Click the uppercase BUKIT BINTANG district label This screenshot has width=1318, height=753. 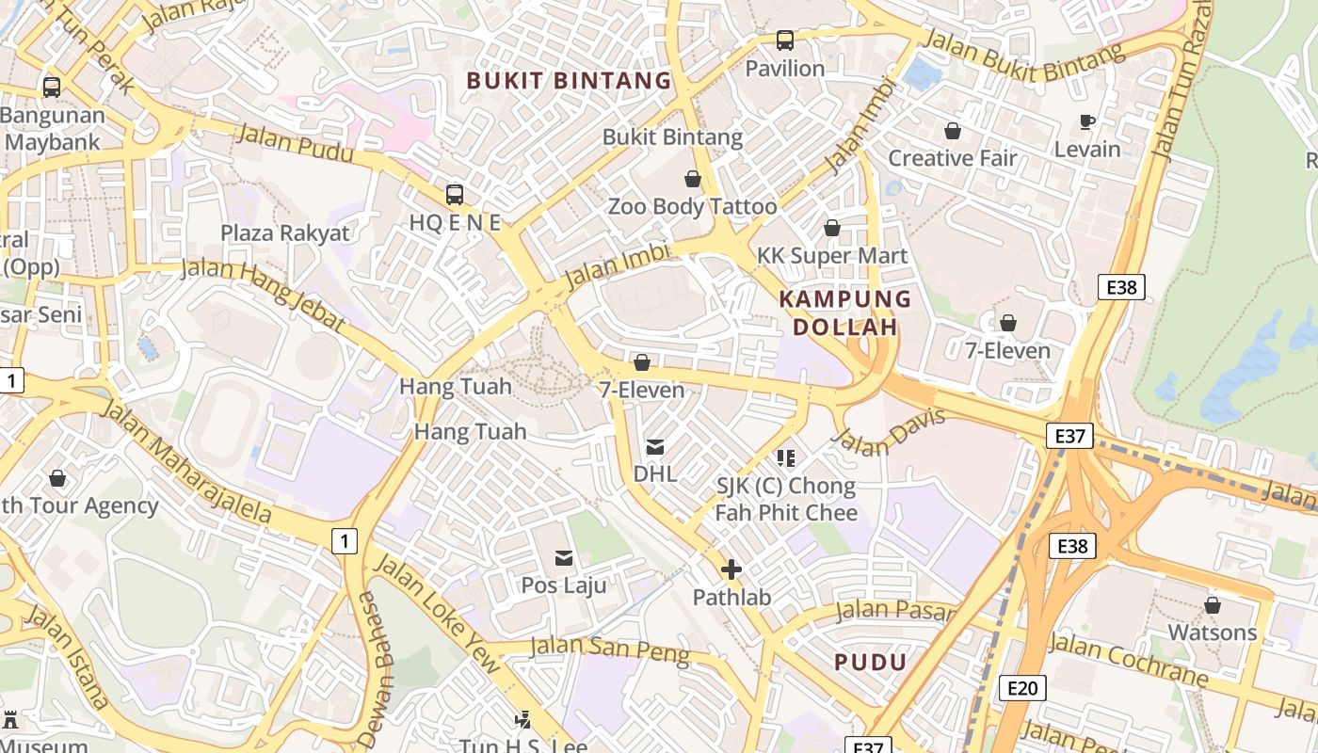(x=570, y=81)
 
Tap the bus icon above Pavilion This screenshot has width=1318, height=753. (x=784, y=40)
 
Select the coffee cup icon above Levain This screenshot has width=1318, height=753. (x=1087, y=122)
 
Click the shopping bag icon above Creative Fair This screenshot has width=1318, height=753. (x=953, y=131)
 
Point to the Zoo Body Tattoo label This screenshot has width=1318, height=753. (x=692, y=206)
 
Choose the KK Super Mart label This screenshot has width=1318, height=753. (x=832, y=256)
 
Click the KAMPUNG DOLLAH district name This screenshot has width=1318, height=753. (x=845, y=313)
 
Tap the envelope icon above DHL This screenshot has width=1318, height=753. (x=654, y=447)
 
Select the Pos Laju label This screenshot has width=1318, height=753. (x=564, y=585)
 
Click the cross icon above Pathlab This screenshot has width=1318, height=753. (x=731, y=569)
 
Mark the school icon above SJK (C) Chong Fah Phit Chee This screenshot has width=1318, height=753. (x=786, y=458)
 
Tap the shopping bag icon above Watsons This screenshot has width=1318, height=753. (x=1213, y=605)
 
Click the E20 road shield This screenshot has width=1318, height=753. (x=1021, y=688)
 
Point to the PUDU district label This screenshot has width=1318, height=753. (x=870, y=662)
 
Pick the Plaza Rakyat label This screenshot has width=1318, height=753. (x=284, y=232)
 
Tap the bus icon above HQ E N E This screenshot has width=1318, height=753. (x=455, y=195)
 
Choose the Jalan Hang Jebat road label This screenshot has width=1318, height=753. (x=263, y=294)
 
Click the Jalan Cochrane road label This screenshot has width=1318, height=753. (x=1128, y=660)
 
